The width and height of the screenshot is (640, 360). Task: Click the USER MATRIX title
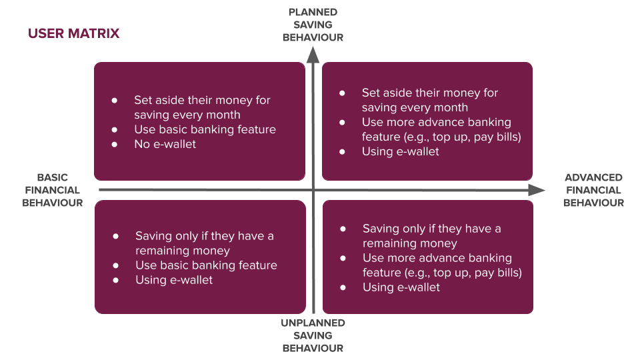pyautogui.click(x=74, y=33)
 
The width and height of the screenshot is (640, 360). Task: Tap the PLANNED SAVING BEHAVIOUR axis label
pyautogui.click(x=313, y=25)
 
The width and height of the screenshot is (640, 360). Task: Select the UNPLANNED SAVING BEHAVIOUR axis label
pyautogui.click(x=313, y=335)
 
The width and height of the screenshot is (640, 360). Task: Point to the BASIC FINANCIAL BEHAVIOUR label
pyautogui.click(x=53, y=190)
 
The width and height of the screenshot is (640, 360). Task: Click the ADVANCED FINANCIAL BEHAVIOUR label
pyautogui.click(x=593, y=190)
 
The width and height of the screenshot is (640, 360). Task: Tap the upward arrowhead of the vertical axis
pyautogui.click(x=313, y=55)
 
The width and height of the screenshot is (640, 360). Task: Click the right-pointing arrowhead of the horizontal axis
pyautogui.click(x=536, y=190)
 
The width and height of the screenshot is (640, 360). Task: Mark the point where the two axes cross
pyautogui.click(x=313, y=190)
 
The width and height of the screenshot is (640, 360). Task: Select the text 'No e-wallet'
pyautogui.click(x=165, y=144)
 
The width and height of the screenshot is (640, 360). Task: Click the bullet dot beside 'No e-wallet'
pyautogui.click(x=115, y=145)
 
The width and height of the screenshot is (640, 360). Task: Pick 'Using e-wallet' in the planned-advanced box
pyautogui.click(x=401, y=151)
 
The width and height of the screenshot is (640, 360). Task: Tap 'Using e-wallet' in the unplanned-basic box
pyautogui.click(x=174, y=280)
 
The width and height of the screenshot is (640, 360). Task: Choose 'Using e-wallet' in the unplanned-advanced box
pyautogui.click(x=401, y=287)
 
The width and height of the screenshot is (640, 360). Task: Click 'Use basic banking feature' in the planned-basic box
pyautogui.click(x=205, y=129)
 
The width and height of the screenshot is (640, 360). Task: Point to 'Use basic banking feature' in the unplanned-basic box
pyautogui.click(x=206, y=265)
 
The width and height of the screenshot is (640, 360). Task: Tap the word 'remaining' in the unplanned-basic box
pyautogui.click(x=161, y=251)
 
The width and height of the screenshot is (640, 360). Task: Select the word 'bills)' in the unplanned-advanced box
pyautogui.click(x=509, y=273)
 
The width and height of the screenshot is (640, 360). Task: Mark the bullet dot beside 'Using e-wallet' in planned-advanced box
pyautogui.click(x=342, y=152)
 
